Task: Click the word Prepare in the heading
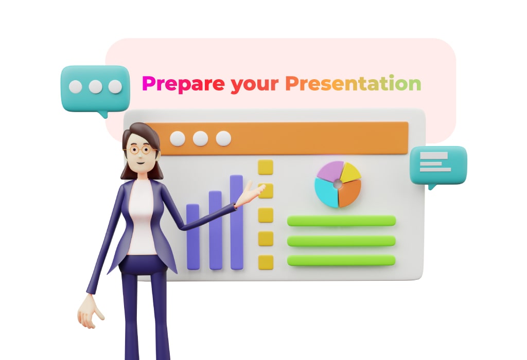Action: [x=183, y=84]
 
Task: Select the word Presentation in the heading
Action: [x=353, y=83]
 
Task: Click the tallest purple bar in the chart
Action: [x=237, y=222]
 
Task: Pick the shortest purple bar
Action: [x=193, y=237]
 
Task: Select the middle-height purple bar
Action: [x=216, y=230]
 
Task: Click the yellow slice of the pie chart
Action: [x=350, y=172]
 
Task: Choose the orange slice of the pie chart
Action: [x=349, y=194]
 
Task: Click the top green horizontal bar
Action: [x=342, y=221]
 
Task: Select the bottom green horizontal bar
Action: [x=342, y=260]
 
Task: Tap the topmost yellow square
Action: [x=266, y=167]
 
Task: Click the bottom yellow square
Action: [x=266, y=262]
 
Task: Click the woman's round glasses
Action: [x=140, y=150]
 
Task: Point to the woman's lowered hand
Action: [x=90, y=313]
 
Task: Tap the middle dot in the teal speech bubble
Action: [x=95, y=86]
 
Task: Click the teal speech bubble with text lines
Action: [x=438, y=166]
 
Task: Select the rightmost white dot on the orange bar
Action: [x=223, y=138]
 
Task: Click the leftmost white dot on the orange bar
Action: [x=178, y=138]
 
